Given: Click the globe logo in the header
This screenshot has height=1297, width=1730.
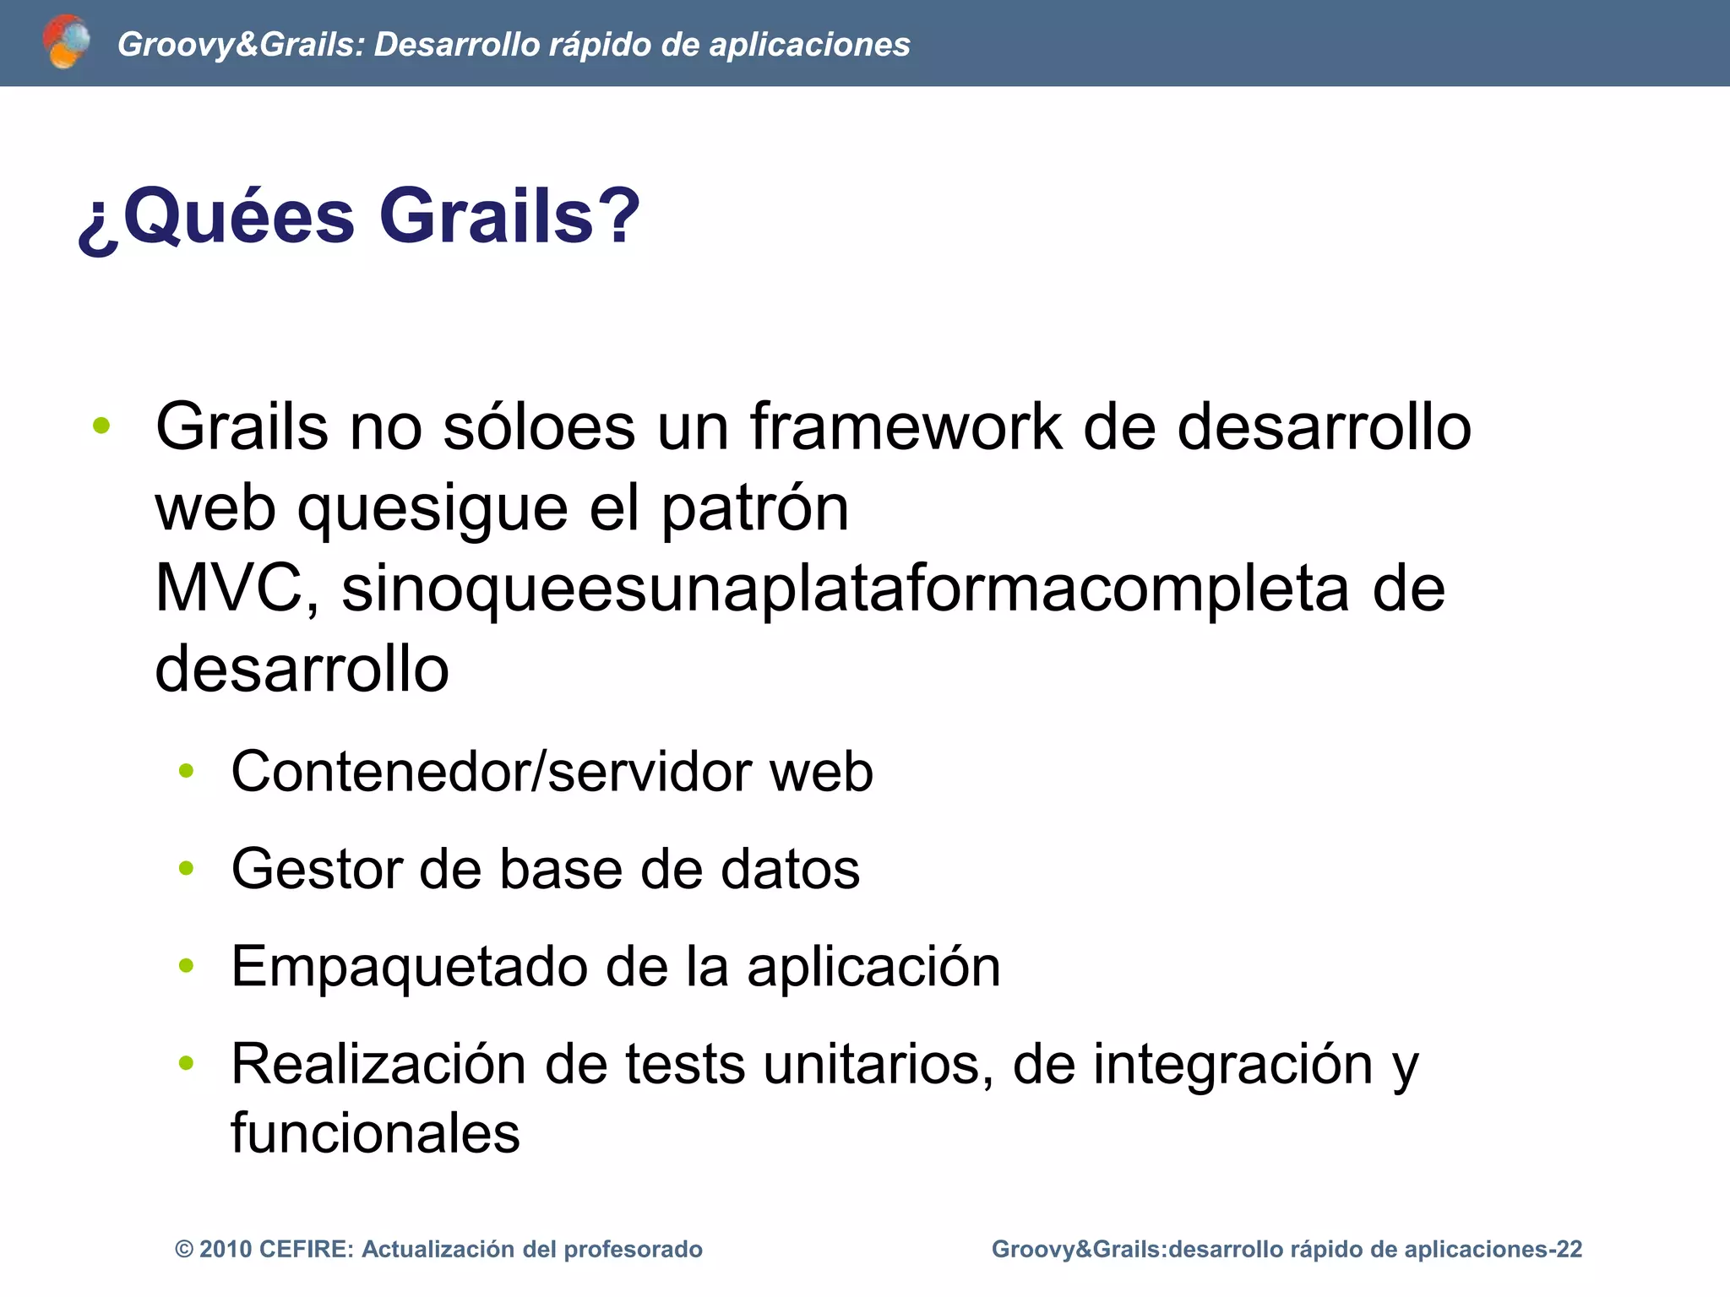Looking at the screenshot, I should point(66,41).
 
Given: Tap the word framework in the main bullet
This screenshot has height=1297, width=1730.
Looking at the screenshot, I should point(906,426).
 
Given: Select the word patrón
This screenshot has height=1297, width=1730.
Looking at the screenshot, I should point(754,508).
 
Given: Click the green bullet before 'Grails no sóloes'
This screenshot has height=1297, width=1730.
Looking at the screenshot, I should point(101,426).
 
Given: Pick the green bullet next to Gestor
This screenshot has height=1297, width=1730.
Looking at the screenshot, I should point(187,868).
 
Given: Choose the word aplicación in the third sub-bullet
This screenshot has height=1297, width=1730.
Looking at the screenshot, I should point(873,966).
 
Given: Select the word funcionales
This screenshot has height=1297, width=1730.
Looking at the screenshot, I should point(375,1133).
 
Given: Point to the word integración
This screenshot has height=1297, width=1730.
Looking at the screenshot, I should point(1233,1064).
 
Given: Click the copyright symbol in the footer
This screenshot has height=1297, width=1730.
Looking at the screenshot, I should point(183,1250).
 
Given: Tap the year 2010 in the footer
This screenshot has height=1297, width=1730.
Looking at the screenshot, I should point(226,1250).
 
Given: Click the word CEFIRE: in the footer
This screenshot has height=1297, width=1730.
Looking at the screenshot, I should point(307,1250).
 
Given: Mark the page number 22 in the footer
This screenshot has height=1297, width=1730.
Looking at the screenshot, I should point(1569,1250).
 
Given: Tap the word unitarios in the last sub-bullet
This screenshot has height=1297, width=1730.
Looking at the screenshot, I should point(879,1064).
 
